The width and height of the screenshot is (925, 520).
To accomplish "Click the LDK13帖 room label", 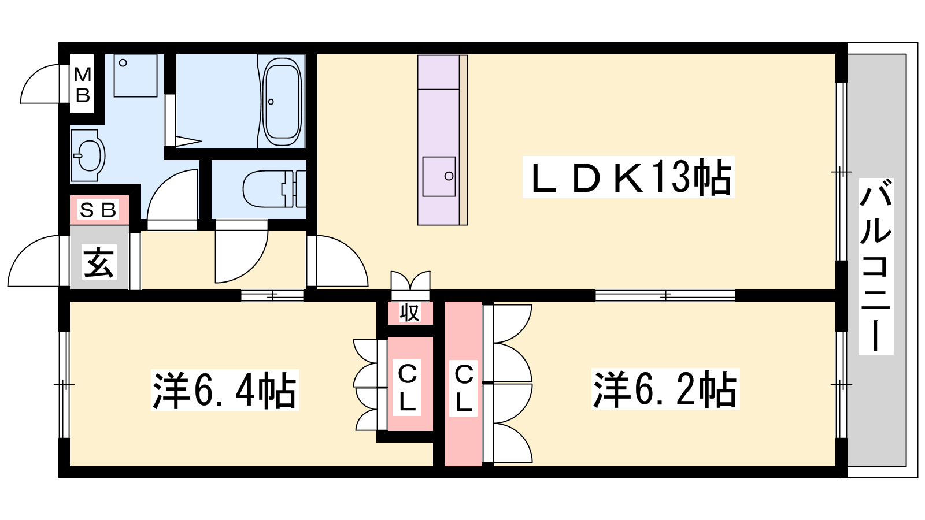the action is click(628, 177).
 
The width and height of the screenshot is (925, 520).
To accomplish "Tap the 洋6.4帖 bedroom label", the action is click(225, 390).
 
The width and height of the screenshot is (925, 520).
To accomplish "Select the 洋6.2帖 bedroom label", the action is click(665, 389).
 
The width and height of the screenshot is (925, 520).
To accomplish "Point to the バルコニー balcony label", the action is click(876, 266).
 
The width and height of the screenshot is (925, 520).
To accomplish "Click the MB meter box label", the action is click(83, 85).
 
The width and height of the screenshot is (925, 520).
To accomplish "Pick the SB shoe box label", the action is click(98, 210).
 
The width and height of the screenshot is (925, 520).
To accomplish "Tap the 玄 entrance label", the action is click(99, 262).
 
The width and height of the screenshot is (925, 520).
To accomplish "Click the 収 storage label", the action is click(410, 312).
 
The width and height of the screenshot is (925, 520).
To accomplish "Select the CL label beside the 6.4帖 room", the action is click(407, 388).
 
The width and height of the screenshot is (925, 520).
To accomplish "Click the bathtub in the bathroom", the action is click(282, 102).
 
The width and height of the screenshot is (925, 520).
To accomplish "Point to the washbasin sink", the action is click(88, 155).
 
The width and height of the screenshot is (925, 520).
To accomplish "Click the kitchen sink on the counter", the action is click(439, 176).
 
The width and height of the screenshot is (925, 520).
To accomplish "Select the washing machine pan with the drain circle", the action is click(135, 76).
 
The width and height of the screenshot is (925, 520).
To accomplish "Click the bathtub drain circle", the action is click(271, 102).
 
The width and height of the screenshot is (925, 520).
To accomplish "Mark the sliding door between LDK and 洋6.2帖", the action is click(665, 295).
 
